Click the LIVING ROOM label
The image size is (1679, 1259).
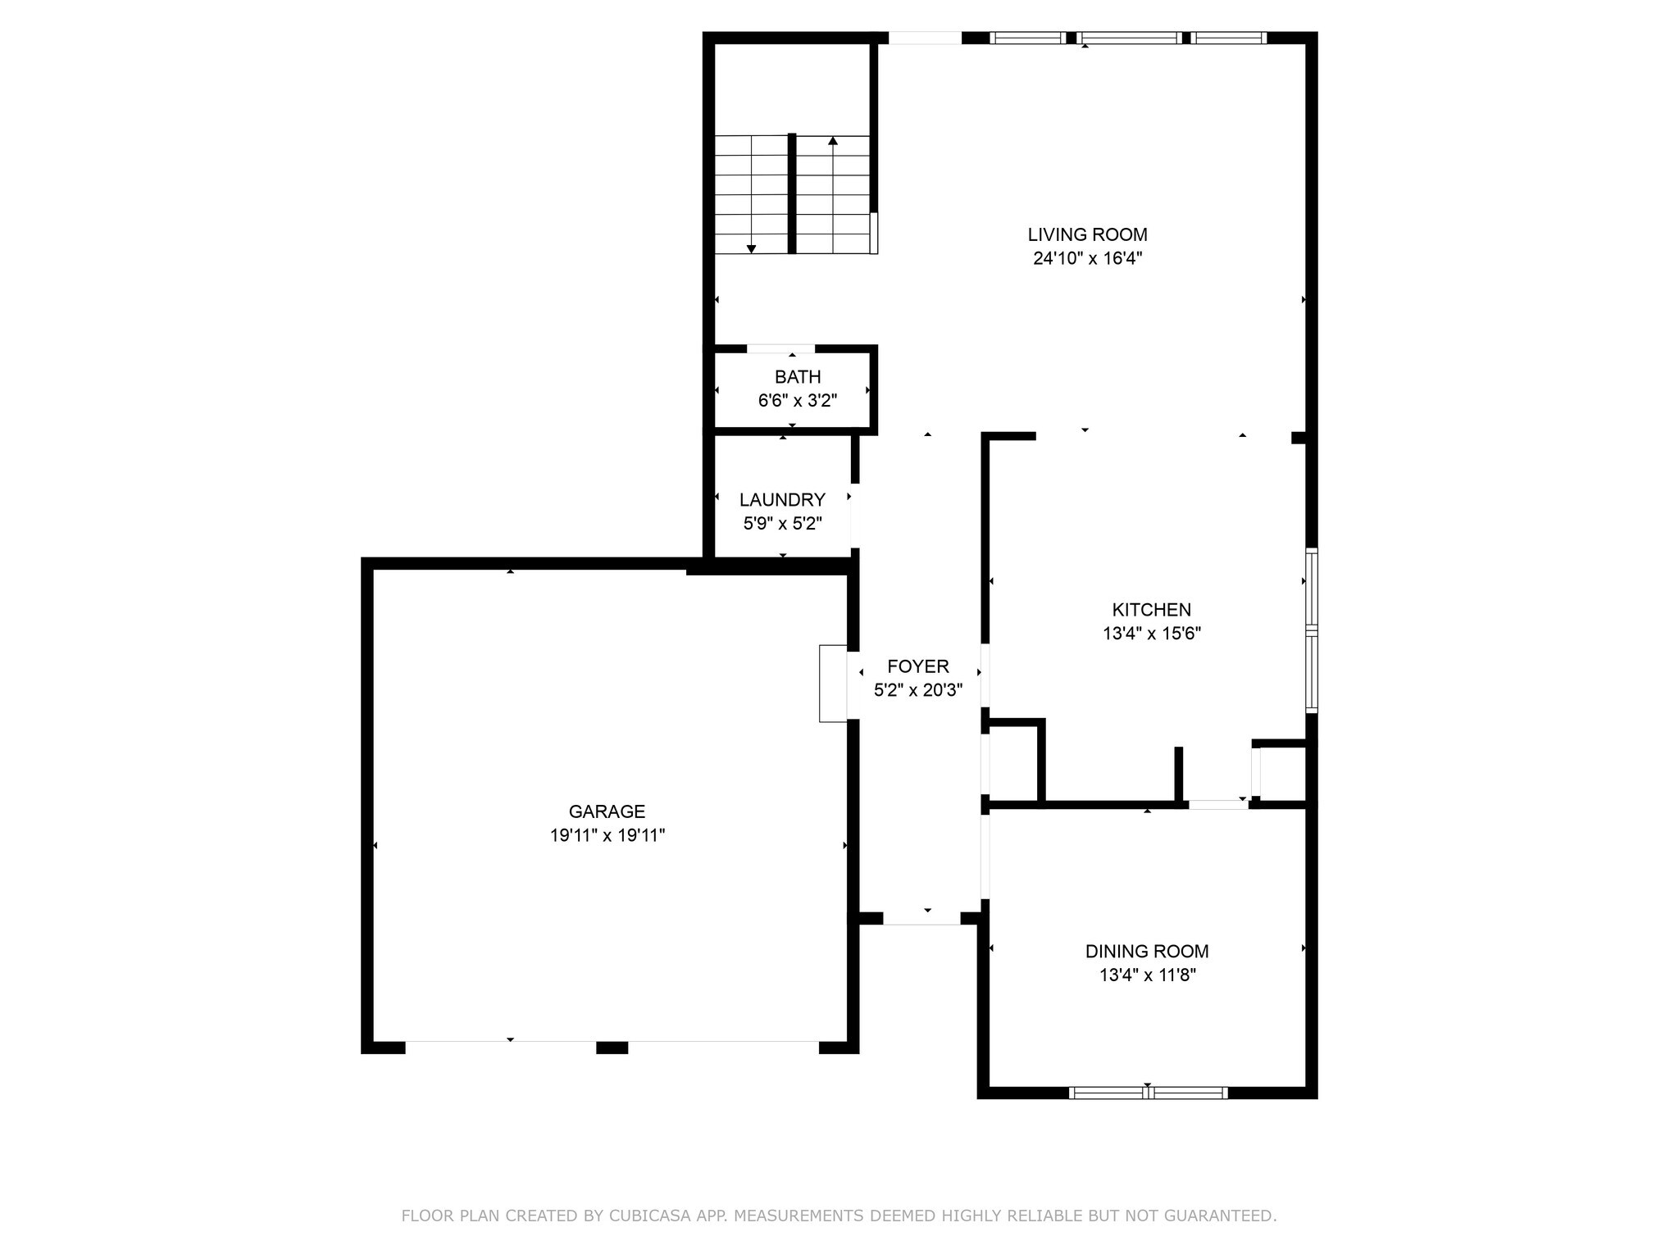click(x=1087, y=235)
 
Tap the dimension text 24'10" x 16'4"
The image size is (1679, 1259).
click(x=1087, y=259)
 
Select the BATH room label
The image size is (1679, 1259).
click(x=797, y=377)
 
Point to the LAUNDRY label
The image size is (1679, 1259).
click(x=781, y=500)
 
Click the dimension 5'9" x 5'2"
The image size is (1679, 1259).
click(x=781, y=524)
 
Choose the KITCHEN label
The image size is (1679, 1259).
click(x=1151, y=610)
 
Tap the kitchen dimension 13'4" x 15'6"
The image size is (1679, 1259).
click(x=1151, y=634)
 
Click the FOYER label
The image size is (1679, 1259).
click(x=917, y=666)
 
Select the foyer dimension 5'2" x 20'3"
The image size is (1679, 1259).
click(x=917, y=691)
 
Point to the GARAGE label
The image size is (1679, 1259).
click(x=607, y=811)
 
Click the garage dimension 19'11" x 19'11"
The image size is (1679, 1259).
click(x=607, y=836)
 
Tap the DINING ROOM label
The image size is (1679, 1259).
click(x=1146, y=952)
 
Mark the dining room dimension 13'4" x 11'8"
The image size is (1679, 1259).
click(x=1146, y=975)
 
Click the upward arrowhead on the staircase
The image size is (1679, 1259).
click(x=833, y=141)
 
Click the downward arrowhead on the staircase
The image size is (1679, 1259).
click(x=751, y=248)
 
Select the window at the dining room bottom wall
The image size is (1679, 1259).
click(x=1148, y=1092)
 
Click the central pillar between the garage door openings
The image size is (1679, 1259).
click(x=612, y=1048)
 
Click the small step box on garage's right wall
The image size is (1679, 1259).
click(x=832, y=684)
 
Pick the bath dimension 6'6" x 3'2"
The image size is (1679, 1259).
click(x=797, y=401)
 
